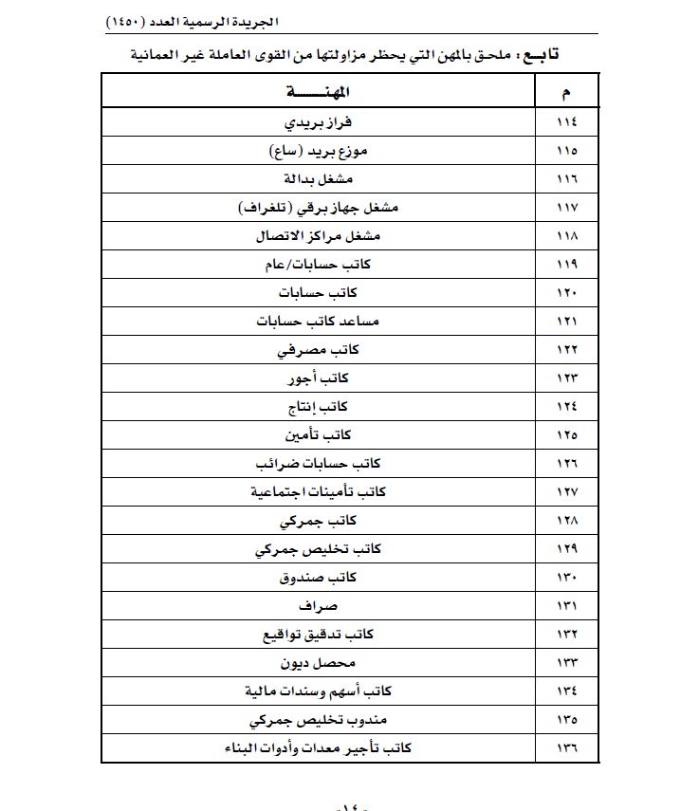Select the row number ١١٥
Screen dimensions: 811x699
click(x=566, y=151)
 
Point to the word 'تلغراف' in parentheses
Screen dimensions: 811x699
click(x=261, y=208)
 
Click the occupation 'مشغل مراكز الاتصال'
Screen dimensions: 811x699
click(x=319, y=236)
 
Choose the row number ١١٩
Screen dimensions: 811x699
click(x=566, y=265)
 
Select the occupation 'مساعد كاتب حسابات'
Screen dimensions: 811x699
click(x=319, y=322)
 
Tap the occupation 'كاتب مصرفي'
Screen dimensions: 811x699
click(x=319, y=350)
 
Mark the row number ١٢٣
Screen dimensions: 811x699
click(x=566, y=378)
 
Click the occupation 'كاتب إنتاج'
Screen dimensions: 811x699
click(x=319, y=407)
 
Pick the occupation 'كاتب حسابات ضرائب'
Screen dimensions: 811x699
click(x=319, y=464)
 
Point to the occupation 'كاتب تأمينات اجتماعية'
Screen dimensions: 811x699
click(x=319, y=492)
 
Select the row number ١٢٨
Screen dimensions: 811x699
click(x=566, y=521)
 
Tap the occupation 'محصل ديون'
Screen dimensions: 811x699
click(x=319, y=663)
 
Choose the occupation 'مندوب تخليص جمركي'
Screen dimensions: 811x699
click(x=319, y=720)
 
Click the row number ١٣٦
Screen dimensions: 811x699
click(x=566, y=748)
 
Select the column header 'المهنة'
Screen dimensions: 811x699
click(x=319, y=92)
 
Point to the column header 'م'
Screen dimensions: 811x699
click(x=566, y=92)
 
